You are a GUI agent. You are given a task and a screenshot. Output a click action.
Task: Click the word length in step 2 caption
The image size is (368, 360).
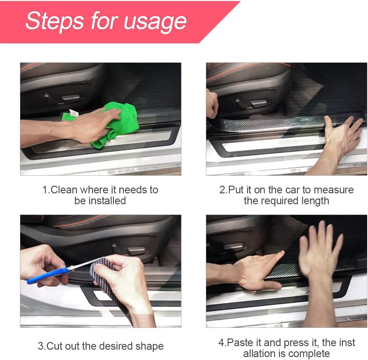[315, 201]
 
